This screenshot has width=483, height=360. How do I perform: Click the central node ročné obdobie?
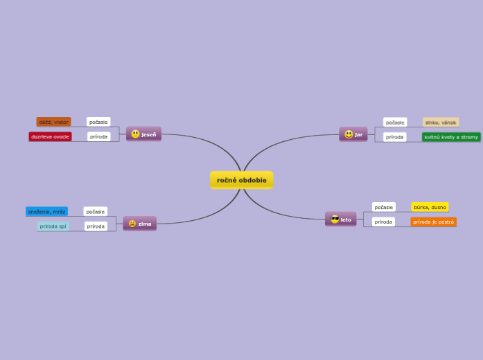click(241, 180)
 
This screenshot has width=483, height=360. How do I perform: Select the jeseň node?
click(143, 134)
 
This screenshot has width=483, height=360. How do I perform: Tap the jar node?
click(353, 134)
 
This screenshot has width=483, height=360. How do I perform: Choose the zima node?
click(140, 224)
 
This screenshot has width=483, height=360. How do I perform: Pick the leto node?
click(341, 219)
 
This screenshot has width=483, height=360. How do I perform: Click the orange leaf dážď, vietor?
click(53, 122)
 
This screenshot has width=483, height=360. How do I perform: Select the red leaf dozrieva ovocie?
click(50, 136)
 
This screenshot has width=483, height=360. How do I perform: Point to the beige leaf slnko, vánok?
click(441, 123)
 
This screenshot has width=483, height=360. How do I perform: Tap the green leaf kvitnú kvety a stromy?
click(451, 137)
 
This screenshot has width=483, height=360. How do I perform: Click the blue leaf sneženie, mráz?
click(46, 211)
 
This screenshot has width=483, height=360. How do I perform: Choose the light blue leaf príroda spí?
click(53, 226)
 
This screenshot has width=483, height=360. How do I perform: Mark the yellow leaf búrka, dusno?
click(430, 207)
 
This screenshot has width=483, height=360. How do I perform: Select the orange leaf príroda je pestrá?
click(433, 222)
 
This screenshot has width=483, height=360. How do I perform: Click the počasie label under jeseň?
click(98, 122)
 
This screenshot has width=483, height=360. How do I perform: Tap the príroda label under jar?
click(394, 137)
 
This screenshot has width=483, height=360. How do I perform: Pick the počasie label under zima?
click(96, 211)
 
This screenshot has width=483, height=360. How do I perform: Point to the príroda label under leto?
click(383, 222)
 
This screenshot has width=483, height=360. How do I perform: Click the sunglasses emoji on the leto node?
click(335, 219)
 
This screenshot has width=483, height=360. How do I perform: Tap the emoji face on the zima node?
click(132, 224)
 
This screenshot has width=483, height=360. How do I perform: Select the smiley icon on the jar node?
click(349, 134)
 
